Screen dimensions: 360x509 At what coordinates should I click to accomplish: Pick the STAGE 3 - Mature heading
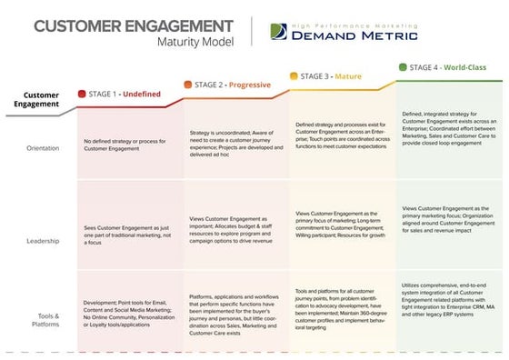328,78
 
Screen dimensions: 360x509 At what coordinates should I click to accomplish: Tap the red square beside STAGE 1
82,94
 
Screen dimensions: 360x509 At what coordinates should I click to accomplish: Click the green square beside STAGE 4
401,66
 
